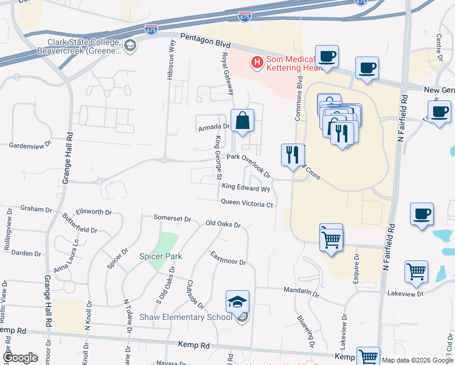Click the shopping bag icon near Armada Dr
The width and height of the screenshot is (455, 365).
pos(242,120)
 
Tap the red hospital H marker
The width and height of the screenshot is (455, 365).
pos(257,62)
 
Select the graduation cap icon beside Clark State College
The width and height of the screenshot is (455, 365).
pos(130,46)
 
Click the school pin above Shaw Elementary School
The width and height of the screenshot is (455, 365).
pos(237,301)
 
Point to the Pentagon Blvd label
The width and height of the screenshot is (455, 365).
pos(206,42)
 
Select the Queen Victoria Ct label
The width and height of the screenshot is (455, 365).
pos(247,203)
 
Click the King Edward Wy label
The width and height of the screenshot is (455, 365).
pos(246,187)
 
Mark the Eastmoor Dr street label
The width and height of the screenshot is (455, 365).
pos(228,258)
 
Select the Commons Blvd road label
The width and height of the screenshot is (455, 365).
pos(299,99)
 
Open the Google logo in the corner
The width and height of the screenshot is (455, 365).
pos(19,358)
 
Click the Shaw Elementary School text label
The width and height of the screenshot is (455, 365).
pos(186,317)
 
